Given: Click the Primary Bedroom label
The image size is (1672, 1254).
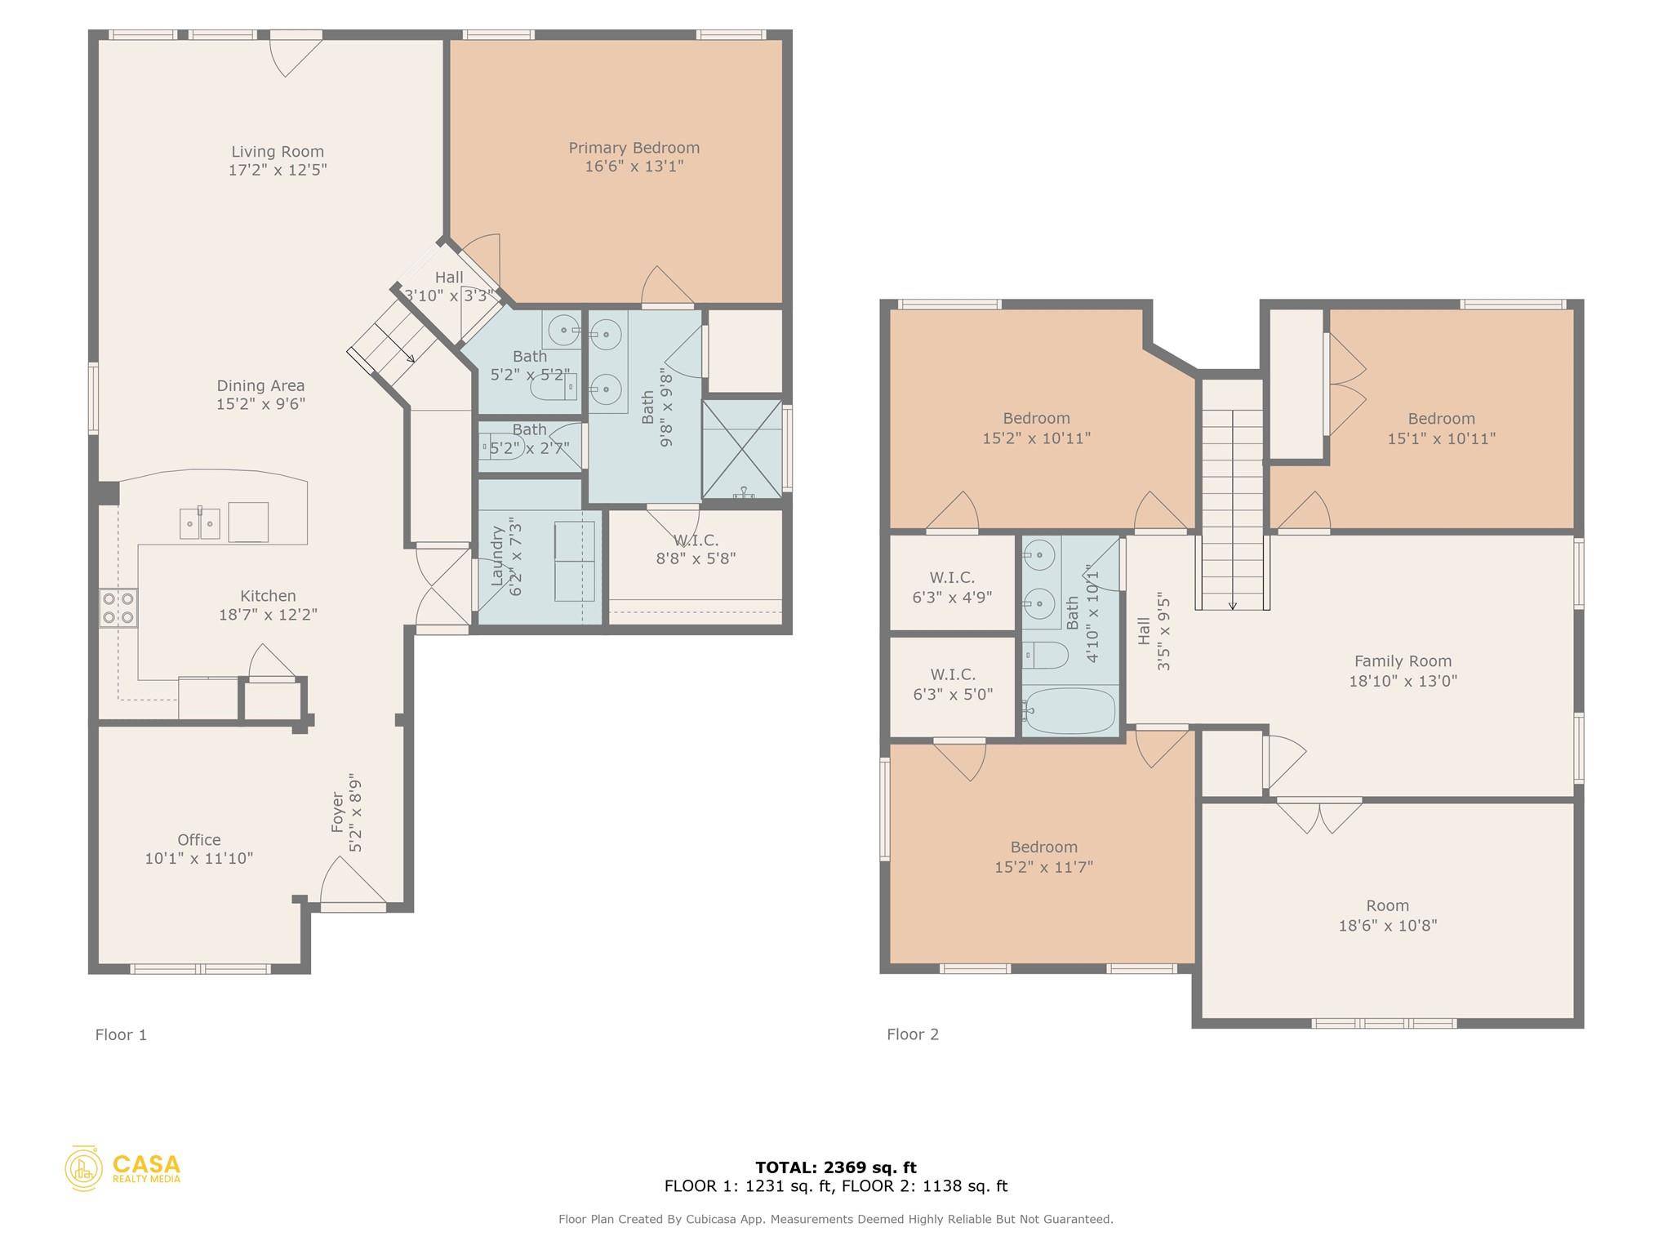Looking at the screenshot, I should coord(634,148).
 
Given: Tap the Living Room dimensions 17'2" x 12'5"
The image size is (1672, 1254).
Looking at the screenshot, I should coord(278,170).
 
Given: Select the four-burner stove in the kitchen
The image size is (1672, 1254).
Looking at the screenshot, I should coord(118,608).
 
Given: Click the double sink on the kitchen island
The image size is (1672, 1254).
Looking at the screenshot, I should coord(200,522).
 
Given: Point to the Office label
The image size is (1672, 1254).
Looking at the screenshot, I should coord(198,839).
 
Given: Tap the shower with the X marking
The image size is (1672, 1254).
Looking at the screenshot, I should coord(742,448).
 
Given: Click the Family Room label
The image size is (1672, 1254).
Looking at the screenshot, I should coord(1403,661).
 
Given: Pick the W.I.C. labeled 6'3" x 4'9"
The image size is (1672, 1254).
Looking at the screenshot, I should coord(952,586).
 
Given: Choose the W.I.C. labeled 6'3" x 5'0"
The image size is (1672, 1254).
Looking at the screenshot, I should coord(952,684).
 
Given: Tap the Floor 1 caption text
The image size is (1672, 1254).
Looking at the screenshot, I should coord(121,1034).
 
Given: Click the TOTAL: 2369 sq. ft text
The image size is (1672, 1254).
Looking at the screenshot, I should coord(835,1167).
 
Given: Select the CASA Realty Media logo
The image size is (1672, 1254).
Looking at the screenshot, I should coord(122,1167).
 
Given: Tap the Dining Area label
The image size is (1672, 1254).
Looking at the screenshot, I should coord(260,385).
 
